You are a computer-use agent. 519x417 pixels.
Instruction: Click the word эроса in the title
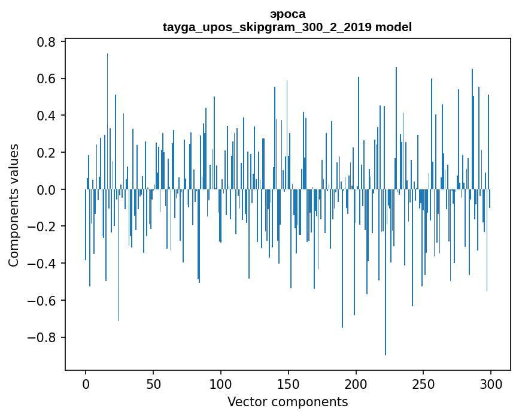(x=287, y=14)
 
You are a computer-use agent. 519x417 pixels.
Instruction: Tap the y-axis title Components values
(x=14, y=205)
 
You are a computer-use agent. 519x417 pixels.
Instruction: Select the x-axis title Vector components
(x=287, y=401)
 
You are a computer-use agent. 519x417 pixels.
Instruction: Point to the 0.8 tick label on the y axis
(x=47, y=42)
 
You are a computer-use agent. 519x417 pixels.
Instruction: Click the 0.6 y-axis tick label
(x=47, y=79)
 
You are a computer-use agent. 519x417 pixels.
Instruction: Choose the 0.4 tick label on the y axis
(x=47, y=116)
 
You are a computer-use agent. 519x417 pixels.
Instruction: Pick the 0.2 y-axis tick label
(x=47, y=153)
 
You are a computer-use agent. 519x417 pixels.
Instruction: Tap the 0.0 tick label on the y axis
(x=47, y=190)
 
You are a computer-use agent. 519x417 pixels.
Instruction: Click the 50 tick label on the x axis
(x=153, y=383)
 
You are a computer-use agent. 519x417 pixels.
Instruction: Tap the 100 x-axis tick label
(x=221, y=383)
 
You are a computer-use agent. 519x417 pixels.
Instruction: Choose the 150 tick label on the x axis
(x=289, y=383)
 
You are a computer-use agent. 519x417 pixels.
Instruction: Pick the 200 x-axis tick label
(x=356, y=383)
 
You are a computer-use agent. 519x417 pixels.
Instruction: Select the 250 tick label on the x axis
(x=423, y=383)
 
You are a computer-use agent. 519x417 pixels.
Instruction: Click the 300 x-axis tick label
(x=491, y=383)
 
